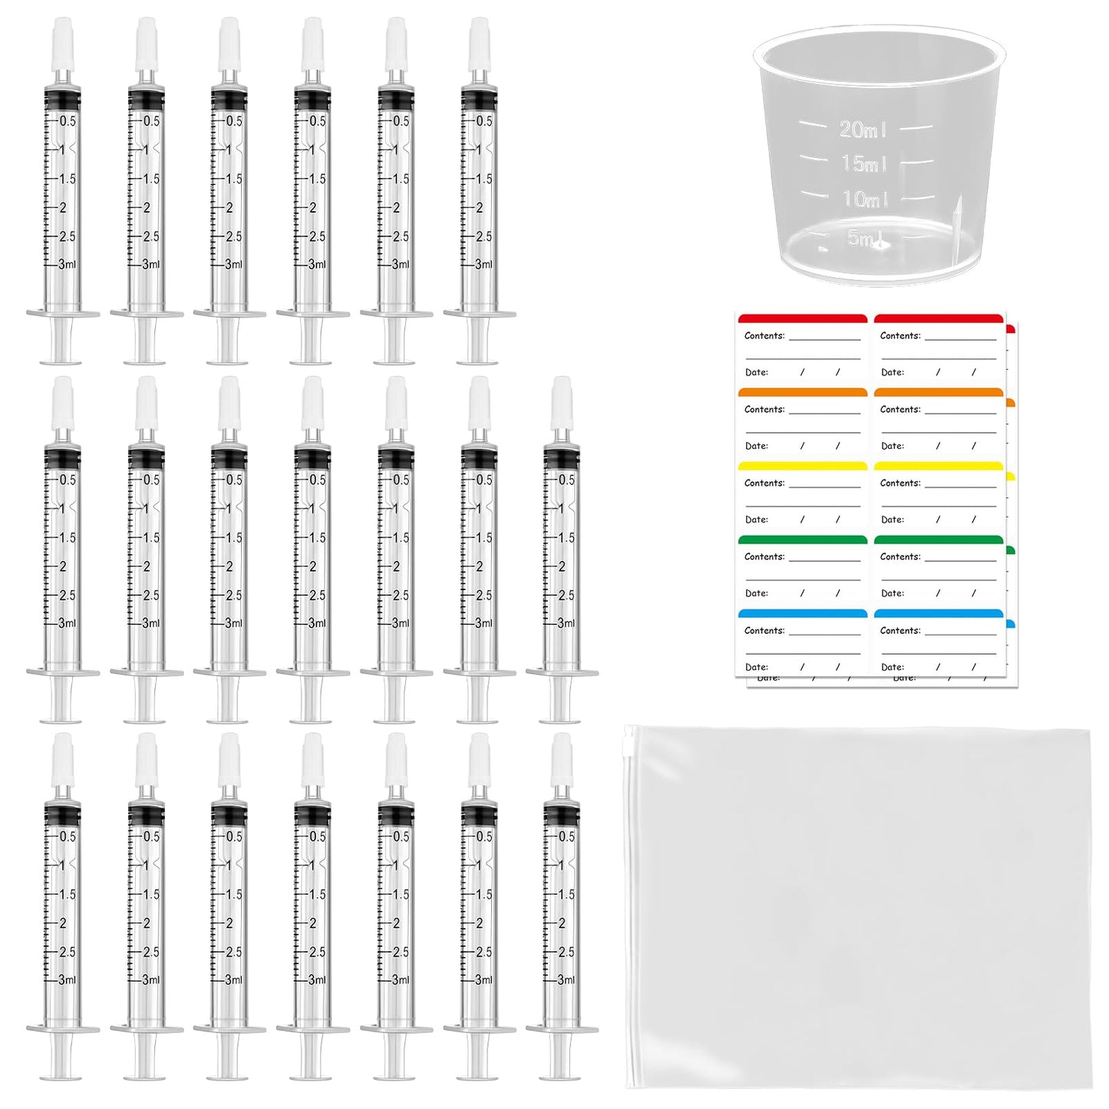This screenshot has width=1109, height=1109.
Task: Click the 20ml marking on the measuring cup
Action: coord(863,129)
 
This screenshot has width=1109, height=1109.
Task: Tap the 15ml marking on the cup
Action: coord(864,163)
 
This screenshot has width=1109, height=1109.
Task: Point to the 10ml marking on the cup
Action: coord(865,200)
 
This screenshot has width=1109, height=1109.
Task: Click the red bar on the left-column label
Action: coord(802,319)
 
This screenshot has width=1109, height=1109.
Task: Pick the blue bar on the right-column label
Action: coord(939,614)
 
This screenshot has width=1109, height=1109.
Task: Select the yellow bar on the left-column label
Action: coord(802,466)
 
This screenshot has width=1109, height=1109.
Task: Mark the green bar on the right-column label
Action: coord(939,540)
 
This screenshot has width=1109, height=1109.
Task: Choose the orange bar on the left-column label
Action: coord(802,392)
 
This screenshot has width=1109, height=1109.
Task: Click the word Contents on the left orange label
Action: coord(764,409)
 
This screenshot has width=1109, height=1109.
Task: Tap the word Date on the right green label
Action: coord(892,593)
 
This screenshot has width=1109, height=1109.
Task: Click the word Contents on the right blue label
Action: coord(899,630)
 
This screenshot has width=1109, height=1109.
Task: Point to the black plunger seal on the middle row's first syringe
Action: coord(62,458)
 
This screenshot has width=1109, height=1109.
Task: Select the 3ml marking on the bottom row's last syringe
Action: coord(566,980)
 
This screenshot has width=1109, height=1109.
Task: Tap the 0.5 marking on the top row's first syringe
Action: coord(68,121)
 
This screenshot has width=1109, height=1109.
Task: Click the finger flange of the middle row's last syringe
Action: coord(561,673)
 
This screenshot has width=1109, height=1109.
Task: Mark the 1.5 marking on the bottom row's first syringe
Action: coord(68,895)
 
